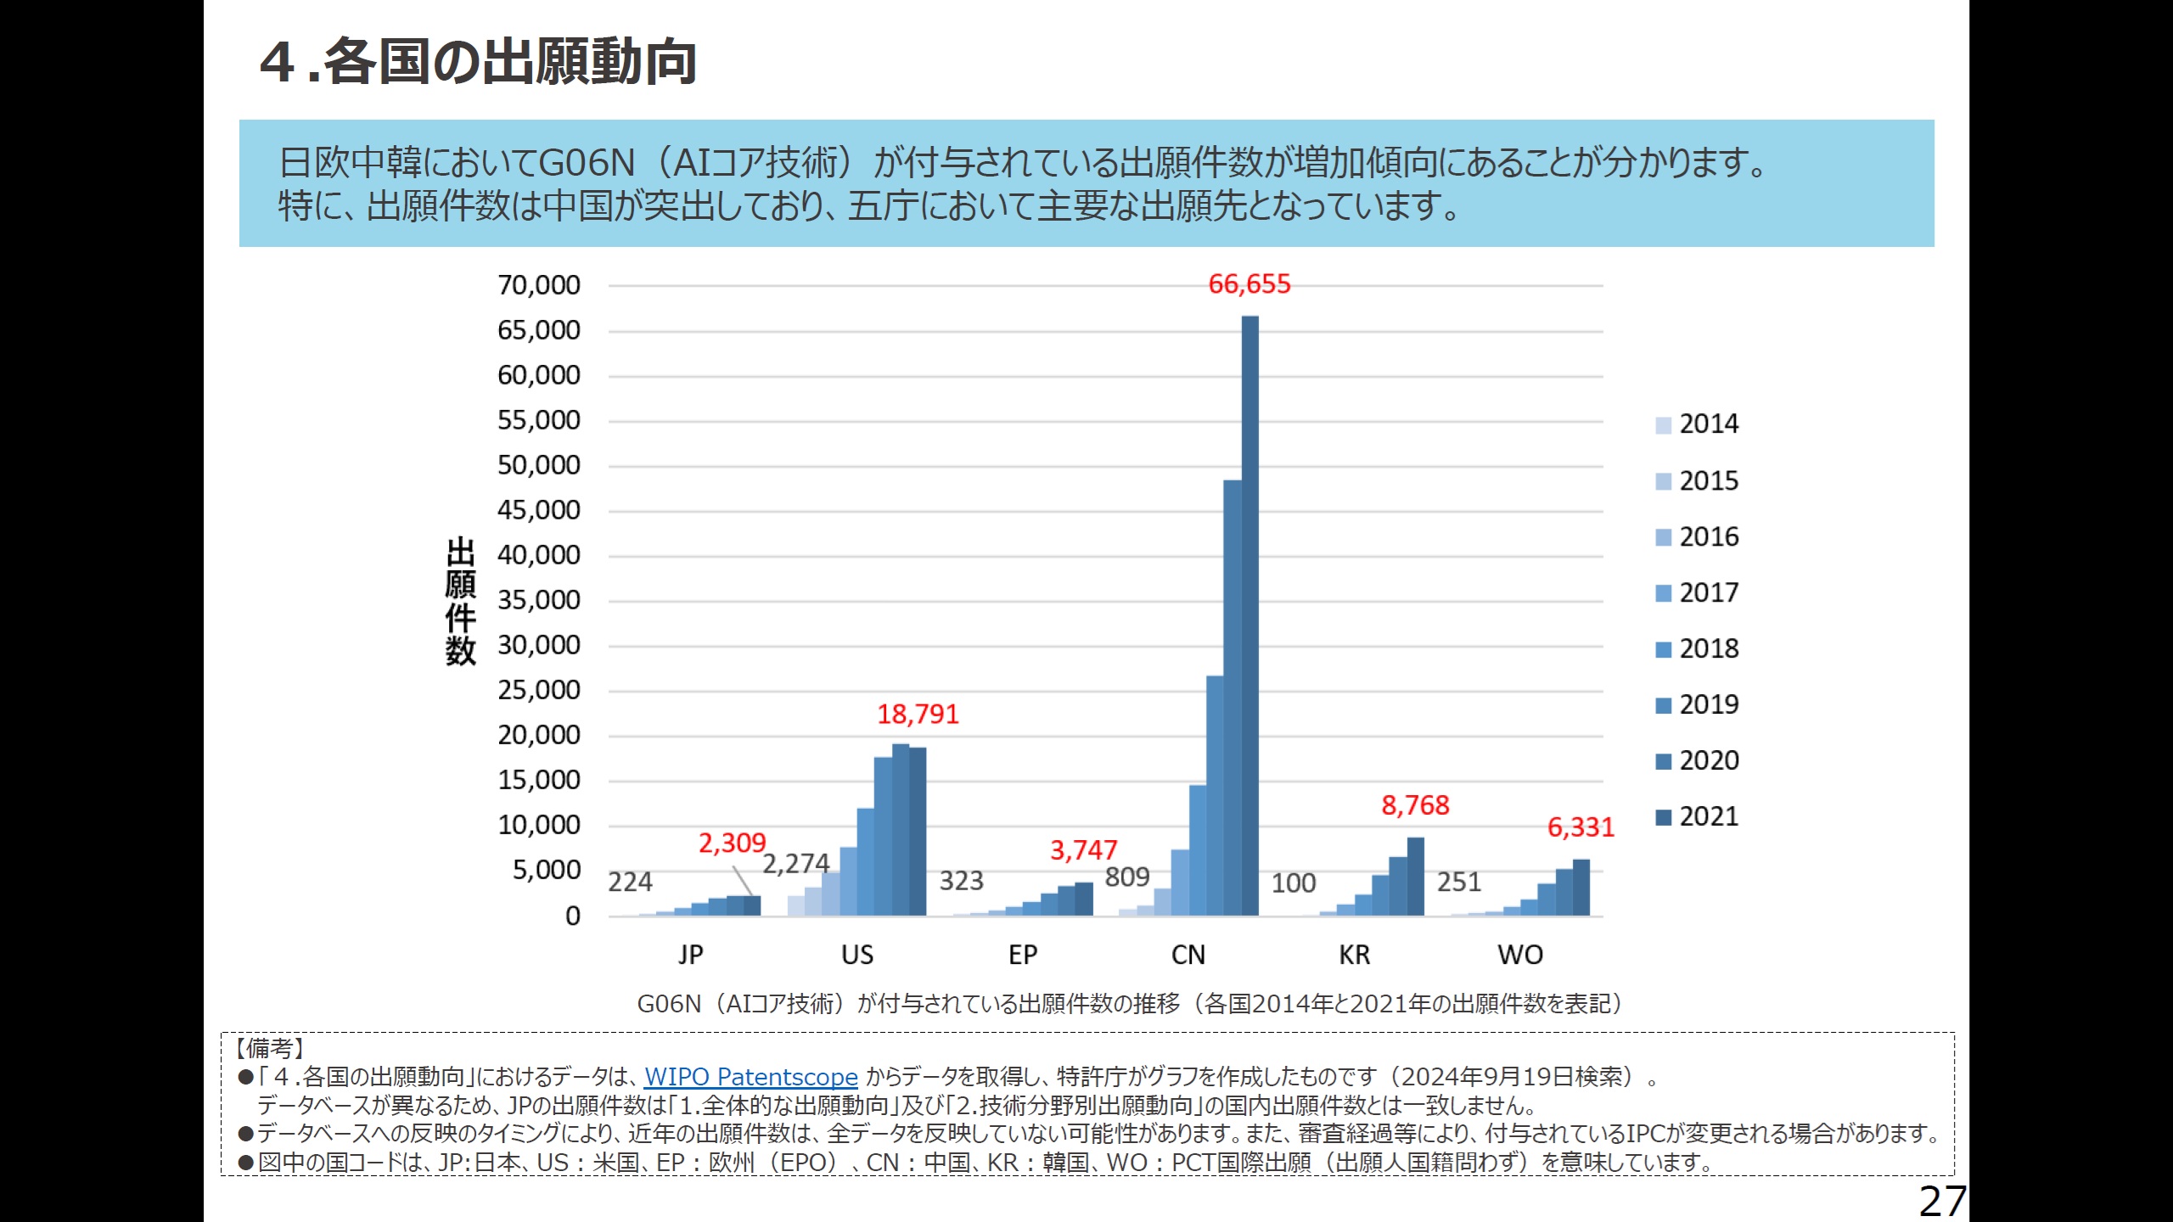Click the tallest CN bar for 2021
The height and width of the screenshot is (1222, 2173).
(x=1249, y=615)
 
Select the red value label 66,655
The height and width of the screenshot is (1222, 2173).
(x=1249, y=284)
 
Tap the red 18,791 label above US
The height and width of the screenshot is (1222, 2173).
(x=918, y=715)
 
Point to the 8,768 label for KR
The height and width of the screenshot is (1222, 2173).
(x=1415, y=805)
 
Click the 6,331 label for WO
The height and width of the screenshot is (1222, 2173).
(x=1581, y=827)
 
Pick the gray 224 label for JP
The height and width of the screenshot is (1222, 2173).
(x=630, y=883)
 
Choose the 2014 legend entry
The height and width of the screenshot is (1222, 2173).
(x=1697, y=424)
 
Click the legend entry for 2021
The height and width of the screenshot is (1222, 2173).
(x=1697, y=816)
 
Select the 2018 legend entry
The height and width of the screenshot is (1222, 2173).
(x=1697, y=649)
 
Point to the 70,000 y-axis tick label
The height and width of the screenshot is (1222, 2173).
(x=539, y=285)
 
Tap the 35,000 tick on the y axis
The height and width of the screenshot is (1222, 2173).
(x=539, y=600)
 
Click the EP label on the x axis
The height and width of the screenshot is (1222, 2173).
(x=1023, y=956)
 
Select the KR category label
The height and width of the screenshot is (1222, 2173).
(x=1354, y=956)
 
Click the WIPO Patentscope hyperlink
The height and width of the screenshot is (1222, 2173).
(x=750, y=1077)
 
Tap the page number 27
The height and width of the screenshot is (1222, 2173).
(x=1942, y=1201)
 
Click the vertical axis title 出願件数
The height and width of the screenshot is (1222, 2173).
(x=460, y=601)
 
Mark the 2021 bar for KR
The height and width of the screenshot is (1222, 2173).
(x=1415, y=876)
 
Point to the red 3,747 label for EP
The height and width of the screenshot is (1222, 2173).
(x=1083, y=850)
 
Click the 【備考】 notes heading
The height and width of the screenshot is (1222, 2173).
(x=269, y=1049)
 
